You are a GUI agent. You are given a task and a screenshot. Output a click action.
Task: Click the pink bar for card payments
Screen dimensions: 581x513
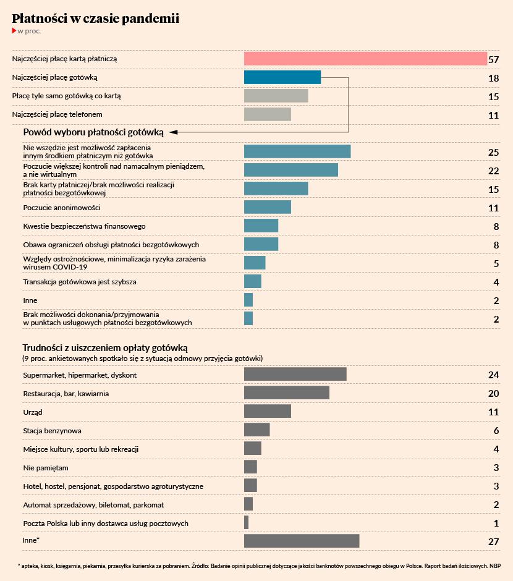(365, 59)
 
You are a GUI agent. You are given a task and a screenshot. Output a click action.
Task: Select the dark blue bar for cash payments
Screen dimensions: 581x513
(282, 77)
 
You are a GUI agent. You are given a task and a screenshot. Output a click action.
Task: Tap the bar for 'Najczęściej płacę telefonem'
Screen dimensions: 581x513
(268, 114)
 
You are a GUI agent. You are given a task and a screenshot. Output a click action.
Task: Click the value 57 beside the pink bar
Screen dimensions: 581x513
(493, 60)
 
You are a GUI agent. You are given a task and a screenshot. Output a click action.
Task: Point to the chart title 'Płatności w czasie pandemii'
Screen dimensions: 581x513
(96, 19)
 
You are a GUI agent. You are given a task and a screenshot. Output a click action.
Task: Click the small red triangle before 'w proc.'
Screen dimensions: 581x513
(14, 30)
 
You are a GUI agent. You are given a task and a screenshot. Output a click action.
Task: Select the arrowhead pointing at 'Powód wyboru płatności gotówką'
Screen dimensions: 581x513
(173, 132)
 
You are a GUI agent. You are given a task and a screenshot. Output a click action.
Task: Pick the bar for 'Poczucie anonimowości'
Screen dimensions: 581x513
(268, 207)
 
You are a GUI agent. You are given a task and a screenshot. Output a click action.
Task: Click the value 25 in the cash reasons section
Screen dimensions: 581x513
(493, 152)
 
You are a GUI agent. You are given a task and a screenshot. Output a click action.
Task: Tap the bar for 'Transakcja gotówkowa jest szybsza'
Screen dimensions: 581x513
(253, 281)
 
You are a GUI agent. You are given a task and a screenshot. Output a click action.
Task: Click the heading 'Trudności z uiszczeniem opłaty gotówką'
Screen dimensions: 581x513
(105, 348)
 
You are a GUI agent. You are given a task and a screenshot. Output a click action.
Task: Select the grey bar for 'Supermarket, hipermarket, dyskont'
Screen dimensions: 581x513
(295, 374)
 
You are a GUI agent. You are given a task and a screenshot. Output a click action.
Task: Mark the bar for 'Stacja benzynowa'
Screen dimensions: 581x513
(257, 430)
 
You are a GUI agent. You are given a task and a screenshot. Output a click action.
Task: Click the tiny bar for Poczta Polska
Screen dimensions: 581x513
(247, 522)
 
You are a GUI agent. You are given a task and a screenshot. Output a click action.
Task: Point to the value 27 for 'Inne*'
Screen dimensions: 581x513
(493, 542)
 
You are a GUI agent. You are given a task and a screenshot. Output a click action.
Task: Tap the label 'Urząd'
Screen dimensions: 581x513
(33, 412)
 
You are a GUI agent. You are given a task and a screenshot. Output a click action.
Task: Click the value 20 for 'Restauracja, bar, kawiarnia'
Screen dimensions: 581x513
(493, 394)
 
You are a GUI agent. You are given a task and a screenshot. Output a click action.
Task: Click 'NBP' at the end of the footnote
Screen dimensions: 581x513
(495, 566)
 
